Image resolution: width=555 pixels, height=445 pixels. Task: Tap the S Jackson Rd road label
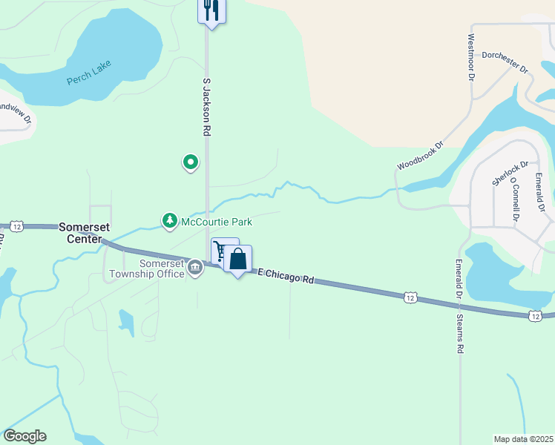[207, 106]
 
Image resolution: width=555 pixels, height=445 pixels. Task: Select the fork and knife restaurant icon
[211, 10]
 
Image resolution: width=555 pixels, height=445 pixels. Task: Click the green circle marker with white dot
[191, 161]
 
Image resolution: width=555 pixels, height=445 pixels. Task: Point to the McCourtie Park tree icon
[170, 221]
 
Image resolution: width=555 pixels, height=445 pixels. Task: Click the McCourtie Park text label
[217, 222]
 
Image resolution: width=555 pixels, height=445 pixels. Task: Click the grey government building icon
[195, 267]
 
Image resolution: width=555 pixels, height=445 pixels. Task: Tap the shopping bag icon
[238, 259]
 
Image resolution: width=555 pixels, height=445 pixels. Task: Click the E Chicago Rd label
[286, 276]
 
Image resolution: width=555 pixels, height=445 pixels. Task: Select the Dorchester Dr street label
[505, 61]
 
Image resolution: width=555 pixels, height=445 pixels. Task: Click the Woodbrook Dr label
[419, 156]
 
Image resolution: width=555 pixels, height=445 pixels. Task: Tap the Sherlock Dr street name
[510, 174]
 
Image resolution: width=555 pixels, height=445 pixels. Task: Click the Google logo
[24, 436]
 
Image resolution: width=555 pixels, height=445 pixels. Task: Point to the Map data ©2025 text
[523, 439]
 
